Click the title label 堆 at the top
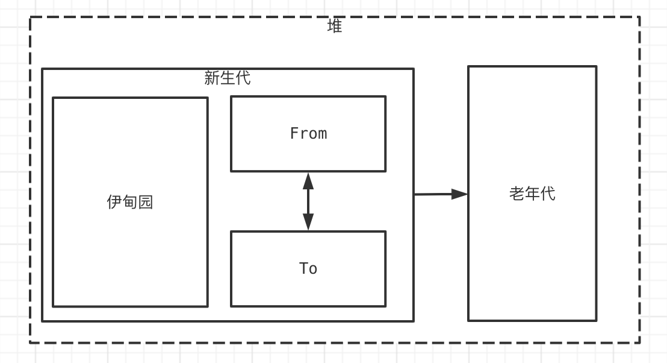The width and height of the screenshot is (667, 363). pyautogui.click(x=335, y=27)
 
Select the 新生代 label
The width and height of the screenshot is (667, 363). pyautogui.click(x=228, y=78)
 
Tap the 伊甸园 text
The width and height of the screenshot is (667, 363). pyautogui.click(x=130, y=202)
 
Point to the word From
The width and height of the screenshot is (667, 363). pyautogui.click(x=308, y=133)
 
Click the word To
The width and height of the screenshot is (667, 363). pyautogui.click(x=308, y=268)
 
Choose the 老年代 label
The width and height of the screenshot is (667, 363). pyautogui.click(x=532, y=194)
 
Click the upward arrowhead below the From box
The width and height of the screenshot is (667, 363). pyautogui.click(x=308, y=180)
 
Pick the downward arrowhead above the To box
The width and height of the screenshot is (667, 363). pyautogui.click(x=308, y=223)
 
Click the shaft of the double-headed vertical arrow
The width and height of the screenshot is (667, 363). pyautogui.click(x=308, y=201)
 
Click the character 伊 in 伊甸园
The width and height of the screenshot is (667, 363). pyautogui.click(x=114, y=202)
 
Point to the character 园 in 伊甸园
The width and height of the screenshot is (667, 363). pyautogui.click(x=146, y=202)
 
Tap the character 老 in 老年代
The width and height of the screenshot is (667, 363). pyautogui.click(x=517, y=194)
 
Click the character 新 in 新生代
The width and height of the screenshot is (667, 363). pyautogui.click(x=212, y=78)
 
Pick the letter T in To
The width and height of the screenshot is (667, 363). pyautogui.click(x=303, y=268)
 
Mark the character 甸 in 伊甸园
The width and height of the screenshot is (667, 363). pyautogui.click(x=130, y=202)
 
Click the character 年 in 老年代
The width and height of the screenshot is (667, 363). pyautogui.click(x=532, y=194)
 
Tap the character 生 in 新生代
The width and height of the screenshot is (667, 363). pyautogui.click(x=228, y=78)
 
